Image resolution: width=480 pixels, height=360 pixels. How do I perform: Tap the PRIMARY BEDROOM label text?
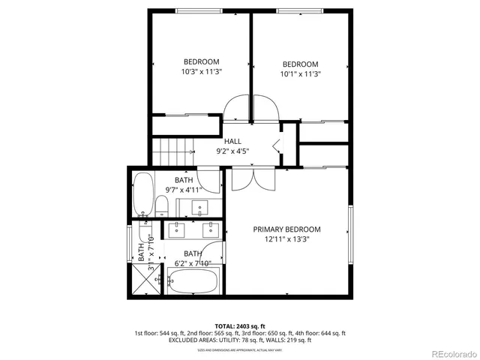coord(286,229)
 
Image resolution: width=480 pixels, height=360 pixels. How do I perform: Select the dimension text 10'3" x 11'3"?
coord(201,72)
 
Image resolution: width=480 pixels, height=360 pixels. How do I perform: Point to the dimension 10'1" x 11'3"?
coord(300,74)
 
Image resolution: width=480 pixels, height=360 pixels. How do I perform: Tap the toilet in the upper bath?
coord(161,207)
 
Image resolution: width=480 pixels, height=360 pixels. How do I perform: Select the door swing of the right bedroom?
coord(265,109)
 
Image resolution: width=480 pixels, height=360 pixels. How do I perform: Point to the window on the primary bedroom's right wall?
coord(349,231)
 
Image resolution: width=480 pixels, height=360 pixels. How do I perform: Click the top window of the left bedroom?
coord(199,10)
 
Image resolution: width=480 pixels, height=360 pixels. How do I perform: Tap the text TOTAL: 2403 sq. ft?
coord(240,326)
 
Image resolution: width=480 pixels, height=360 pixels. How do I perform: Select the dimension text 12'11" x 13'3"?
coord(286,240)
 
